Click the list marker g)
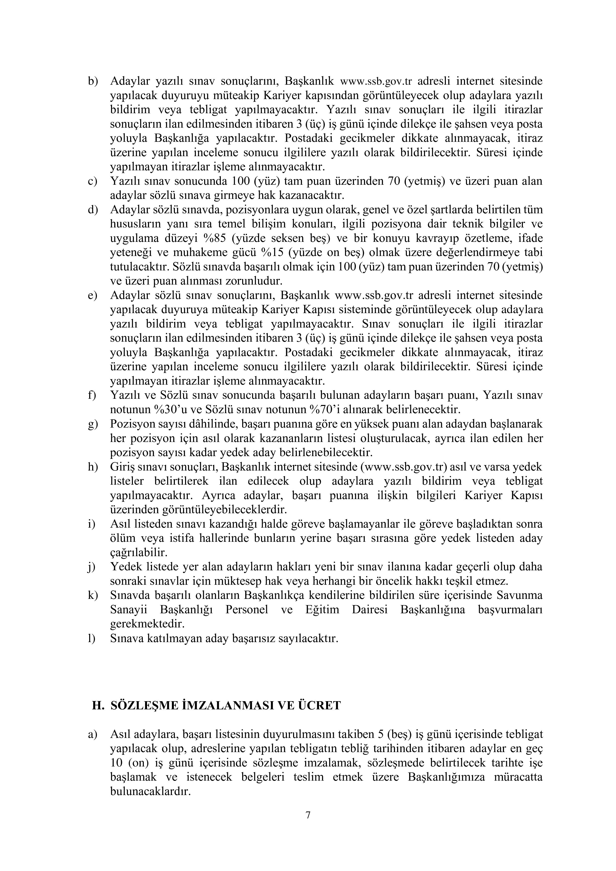click(x=93, y=424)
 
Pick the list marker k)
click(x=93, y=595)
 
